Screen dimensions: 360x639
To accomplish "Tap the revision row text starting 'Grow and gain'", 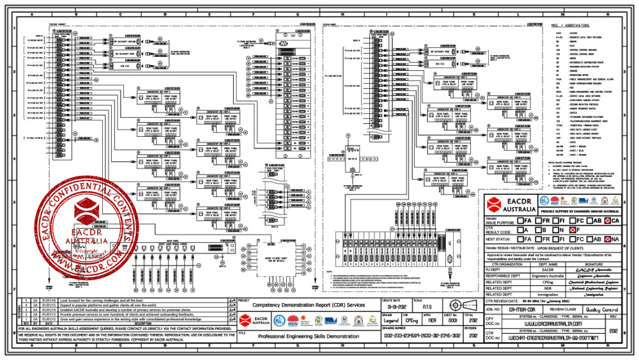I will click(x=128, y=318).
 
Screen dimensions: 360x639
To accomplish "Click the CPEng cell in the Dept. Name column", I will click(x=548, y=279).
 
